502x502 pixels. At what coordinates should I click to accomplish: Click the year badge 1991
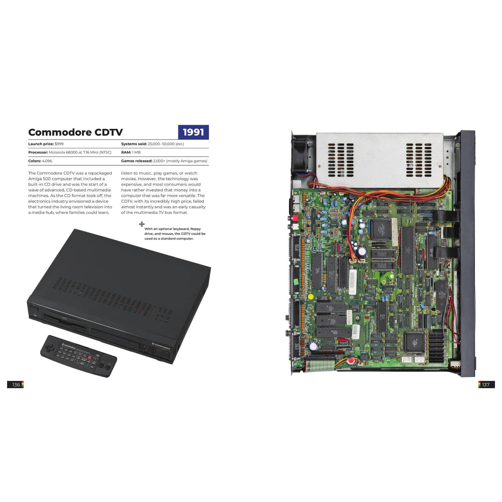pos(193,132)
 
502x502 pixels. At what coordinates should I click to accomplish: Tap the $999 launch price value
pos(59,144)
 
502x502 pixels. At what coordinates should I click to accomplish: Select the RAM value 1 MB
pos(136,152)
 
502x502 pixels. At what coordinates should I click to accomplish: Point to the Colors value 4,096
pos(47,161)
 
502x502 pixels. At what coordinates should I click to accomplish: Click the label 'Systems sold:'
pos(134,144)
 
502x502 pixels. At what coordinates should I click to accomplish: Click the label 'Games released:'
pos(137,161)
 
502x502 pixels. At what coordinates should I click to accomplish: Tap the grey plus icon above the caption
pos(142,224)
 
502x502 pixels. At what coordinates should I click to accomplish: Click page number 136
pos(16,385)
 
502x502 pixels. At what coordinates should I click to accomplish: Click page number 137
pos(486,385)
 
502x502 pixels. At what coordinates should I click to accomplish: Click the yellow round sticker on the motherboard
pos(311,297)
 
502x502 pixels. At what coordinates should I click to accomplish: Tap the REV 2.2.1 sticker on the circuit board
pos(349,317)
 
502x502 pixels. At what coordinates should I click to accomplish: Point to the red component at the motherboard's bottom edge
pos(351,362)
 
